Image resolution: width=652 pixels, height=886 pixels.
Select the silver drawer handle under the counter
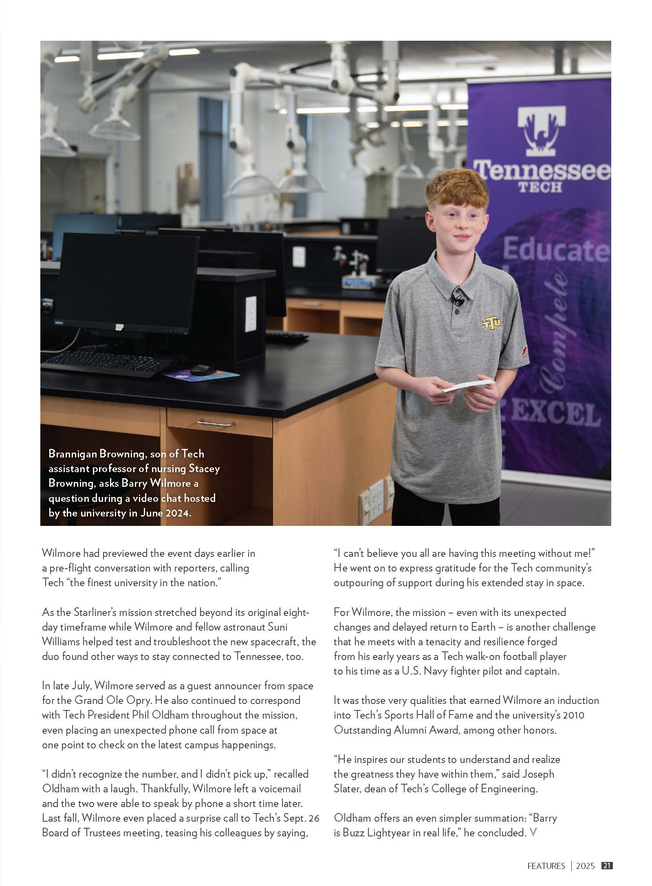point(216,423)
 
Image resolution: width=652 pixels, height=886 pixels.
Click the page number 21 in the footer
point(607,866)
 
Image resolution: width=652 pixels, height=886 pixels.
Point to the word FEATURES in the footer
point(546,866)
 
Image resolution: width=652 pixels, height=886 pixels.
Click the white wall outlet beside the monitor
point(251,313)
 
